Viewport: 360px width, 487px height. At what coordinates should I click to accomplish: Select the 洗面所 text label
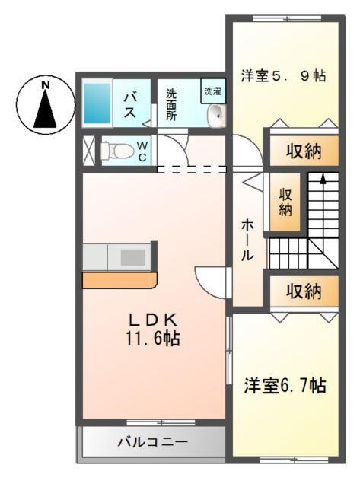coord(171,105)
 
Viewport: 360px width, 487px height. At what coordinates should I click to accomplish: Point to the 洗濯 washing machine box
coord(212,91)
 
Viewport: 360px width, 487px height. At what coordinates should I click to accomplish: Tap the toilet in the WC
coord(114,150)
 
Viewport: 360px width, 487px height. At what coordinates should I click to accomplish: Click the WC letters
coord(142,151)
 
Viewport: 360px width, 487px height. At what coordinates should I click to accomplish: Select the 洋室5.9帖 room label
coord(284,76)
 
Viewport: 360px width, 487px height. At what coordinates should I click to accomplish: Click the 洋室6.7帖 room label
coord(285,386)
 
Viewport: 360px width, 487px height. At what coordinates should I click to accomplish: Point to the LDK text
coord(152,320)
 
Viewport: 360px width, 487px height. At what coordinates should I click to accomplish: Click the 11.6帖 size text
coord(152,339)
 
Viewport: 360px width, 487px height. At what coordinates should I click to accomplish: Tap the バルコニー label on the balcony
coord(152,441)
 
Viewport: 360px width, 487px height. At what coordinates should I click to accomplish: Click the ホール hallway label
coord(249,240)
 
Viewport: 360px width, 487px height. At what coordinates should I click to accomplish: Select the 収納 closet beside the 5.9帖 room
coord(303,151)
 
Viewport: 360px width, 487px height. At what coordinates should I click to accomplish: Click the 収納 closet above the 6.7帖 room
coord(303,291)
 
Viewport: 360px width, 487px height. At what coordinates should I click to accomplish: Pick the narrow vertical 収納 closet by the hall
coord(285,202)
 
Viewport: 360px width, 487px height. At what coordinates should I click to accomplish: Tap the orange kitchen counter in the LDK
coord(119,280)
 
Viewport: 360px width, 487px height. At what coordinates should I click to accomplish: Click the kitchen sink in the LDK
coord(132,257)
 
